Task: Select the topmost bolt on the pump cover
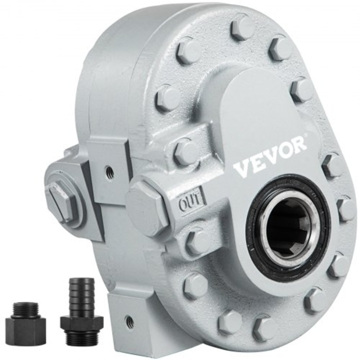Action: point(243,28)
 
